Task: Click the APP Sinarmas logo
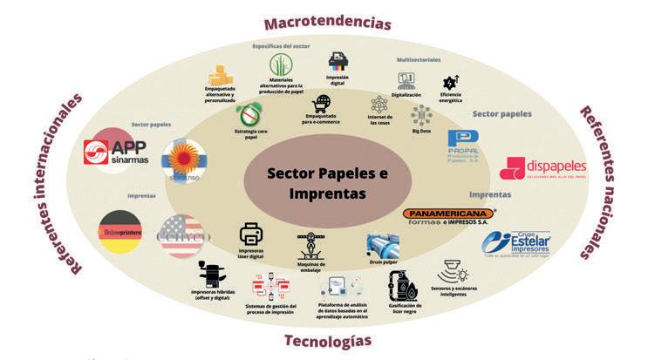click(x=121, y=153)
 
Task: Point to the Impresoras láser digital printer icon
click(x=251, y=234)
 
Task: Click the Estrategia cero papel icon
click(x=250, y=114)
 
